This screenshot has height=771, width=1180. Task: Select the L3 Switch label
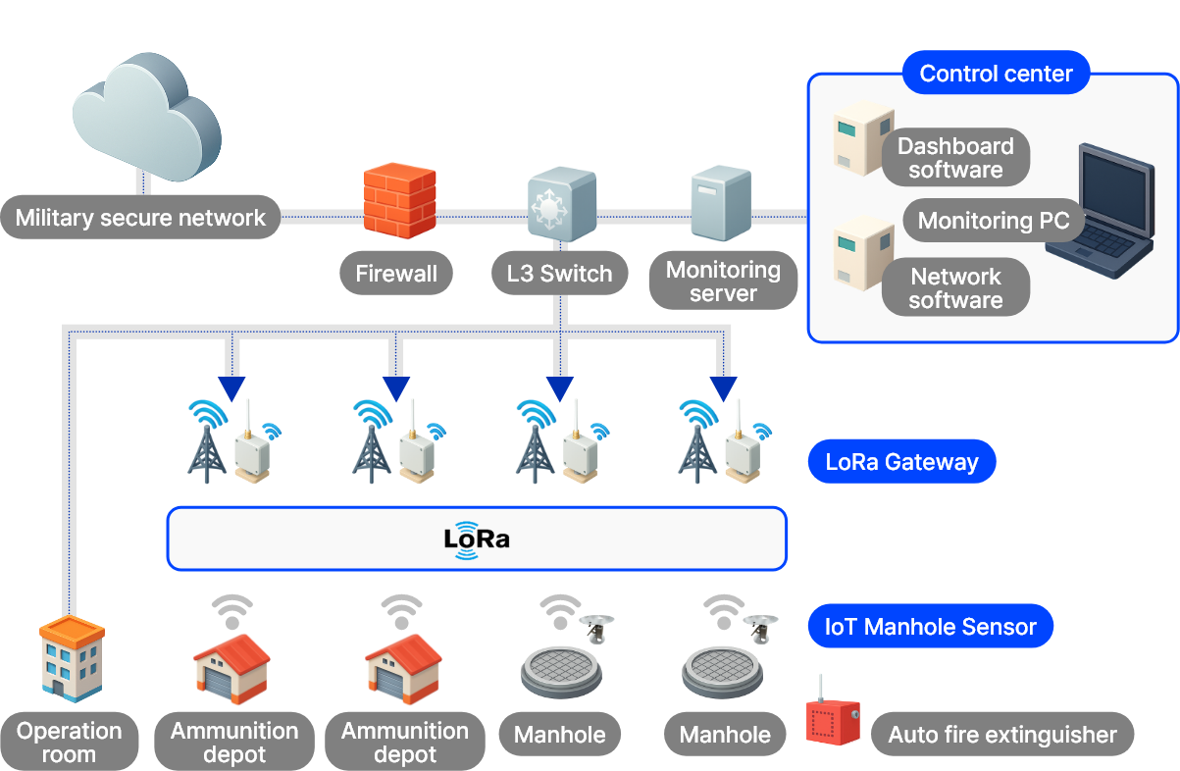point(559,274)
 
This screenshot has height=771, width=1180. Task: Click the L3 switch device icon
point(561,203)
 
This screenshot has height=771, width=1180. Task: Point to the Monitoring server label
point(723,282)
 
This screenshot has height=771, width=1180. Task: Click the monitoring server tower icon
point(720,203)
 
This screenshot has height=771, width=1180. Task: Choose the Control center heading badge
point(996,74)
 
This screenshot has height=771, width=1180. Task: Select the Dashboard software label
point(954,158)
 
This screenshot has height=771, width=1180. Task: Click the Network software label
point(954,288)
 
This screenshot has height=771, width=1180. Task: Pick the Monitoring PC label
point(993,221)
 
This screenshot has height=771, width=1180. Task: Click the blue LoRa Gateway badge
point(901,462)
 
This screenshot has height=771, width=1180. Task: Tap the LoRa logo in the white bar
point(477,539)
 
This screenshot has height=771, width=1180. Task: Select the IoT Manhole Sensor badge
point(930,627)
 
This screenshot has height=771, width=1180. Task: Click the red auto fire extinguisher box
point(832,720)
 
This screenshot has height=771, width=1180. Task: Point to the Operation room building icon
point(71,659)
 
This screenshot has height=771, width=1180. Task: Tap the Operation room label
point(69,743)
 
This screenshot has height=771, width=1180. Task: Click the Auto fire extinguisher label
point(1001,735)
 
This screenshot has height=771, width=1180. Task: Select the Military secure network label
point(140,218)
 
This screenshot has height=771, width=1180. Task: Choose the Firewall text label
point(396,274)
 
